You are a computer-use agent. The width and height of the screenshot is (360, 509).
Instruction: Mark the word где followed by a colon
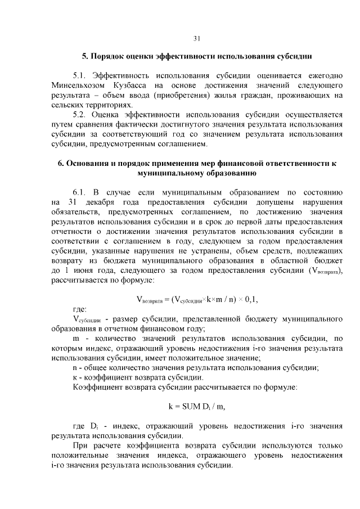click(79, 309)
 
